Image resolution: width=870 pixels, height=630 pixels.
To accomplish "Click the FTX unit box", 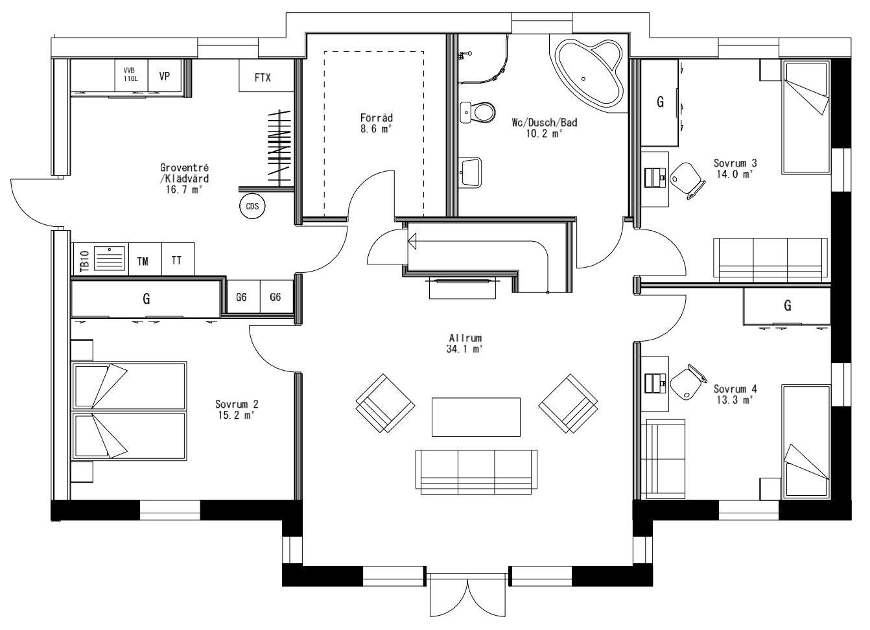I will (x=263, y=77).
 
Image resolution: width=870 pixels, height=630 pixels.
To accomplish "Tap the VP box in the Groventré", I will (x=165, y=76).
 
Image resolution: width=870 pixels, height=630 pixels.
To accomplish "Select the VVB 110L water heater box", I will (x=131, y=75).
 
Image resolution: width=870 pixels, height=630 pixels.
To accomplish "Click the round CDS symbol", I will (x=252, y=206).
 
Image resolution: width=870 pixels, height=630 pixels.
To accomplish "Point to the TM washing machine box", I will (x=144, y=261).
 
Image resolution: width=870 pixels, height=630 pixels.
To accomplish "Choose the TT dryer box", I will (x=176, y=261).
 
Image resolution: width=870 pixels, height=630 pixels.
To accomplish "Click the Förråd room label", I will (x=377, y=123).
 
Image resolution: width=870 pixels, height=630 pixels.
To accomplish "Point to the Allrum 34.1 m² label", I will (x=465, y=344).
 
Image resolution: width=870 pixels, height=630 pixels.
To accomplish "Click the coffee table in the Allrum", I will (x=476, y=417).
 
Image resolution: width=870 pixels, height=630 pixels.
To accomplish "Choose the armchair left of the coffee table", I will (x=385, y=403).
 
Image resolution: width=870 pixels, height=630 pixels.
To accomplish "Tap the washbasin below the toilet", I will (x=470, y=171).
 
